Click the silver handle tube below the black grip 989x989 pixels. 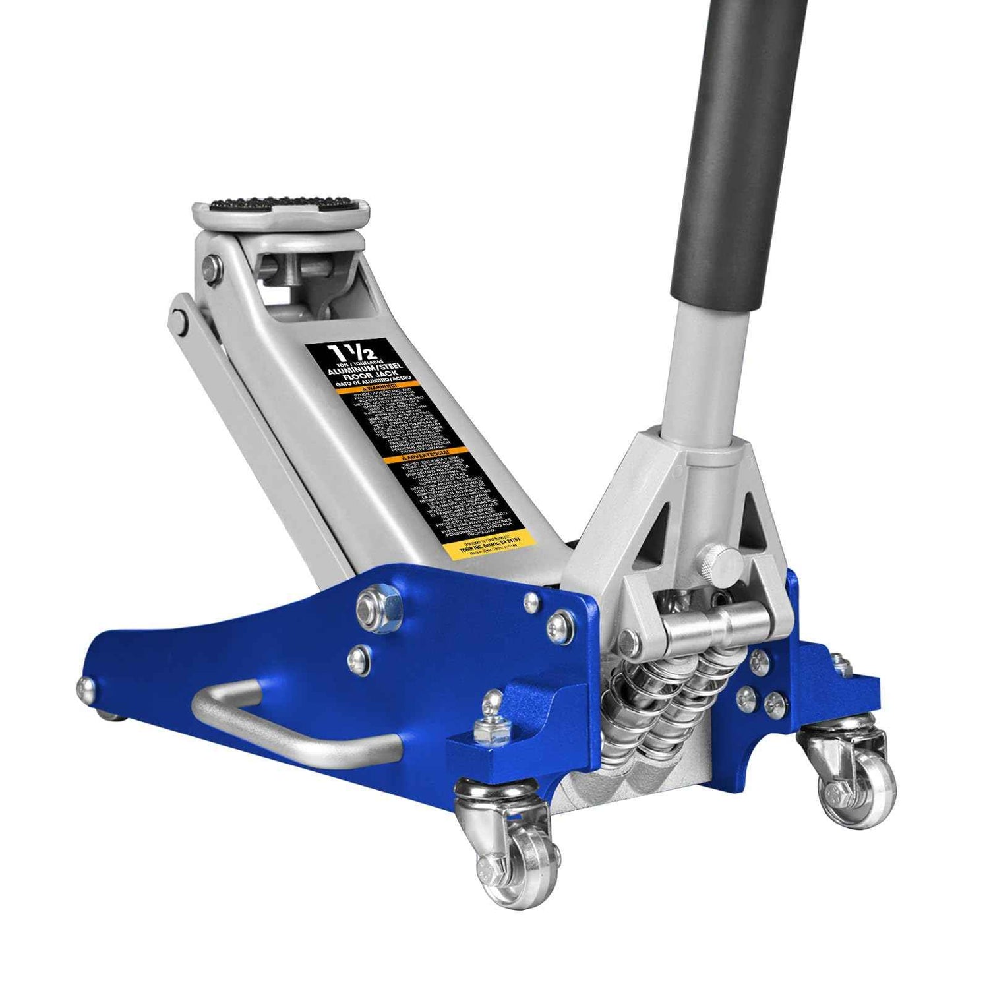coord(699,369)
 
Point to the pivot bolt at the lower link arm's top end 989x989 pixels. coord(177,318)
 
